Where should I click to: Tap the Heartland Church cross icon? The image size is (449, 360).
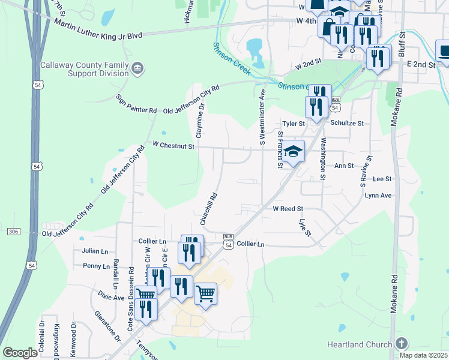402,343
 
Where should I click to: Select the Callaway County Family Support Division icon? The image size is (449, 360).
137,67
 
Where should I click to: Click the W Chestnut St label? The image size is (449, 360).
173,145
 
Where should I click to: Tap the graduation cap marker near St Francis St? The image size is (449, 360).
294,152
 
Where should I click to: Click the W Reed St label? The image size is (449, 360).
289,209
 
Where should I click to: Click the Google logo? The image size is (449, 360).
20,353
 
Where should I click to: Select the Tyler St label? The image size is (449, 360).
294,123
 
